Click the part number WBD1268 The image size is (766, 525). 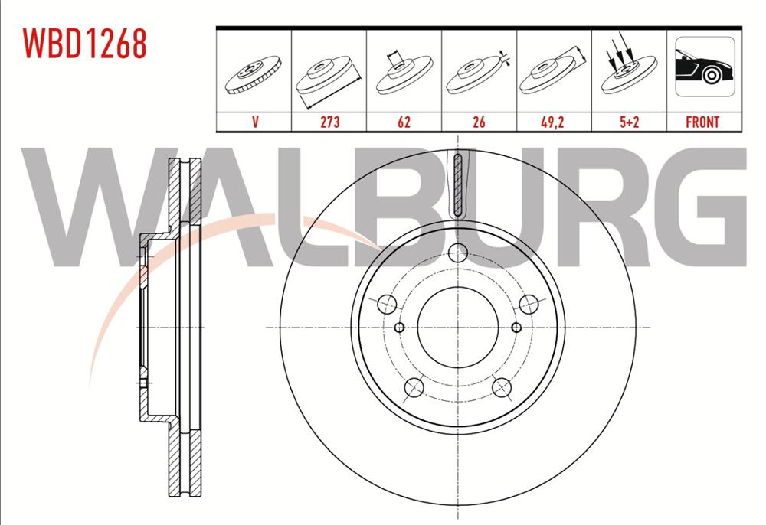tap(84, 44)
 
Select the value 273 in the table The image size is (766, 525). tap(329, 122)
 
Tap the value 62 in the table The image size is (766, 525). tap(404, 122)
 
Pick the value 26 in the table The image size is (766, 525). tap(479, 122)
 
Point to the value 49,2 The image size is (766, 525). tap(552, 122)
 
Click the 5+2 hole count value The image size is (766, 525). tap(629, 122)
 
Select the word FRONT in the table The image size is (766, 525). tap(702, 122)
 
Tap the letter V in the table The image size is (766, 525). tap(255, 122)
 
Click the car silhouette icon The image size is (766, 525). tap(705, 67)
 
